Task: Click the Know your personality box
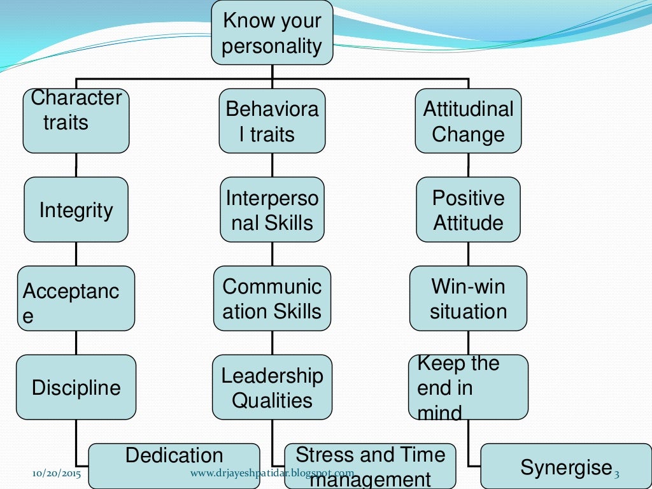pyautogui.click(x=272, y=32)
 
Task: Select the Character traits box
pyautogui.click(x=76, y=120)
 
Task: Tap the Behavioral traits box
pyautogui.click(x=272, y=120)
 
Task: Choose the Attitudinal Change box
pyautogui.click(x=468, y=120)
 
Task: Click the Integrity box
pyautogui.click(x=76, y=209)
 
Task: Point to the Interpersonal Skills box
pyautogui.click(x=272, y=209)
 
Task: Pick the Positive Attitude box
pyautogui.click(x=468, y=209)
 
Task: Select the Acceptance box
pyautogui.click(x=76, y=298)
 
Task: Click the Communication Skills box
pyautogui.click(x=272, y=298)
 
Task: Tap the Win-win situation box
pyautogui.click(x=468, y=298)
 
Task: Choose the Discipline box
pyautogui.click(x=76, y=386)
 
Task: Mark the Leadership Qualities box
pyautogui.click(x=272, y=386)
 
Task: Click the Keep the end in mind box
pyautogui.click(x=468, y=386)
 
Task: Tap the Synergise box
pyautogui.click(x=565, y=467)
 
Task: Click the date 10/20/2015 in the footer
pyautogui.click(x=57, y=474)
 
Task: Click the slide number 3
pyautogui.click(x=616, y=474)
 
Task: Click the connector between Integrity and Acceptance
pyautogui.click(x=76, y=254)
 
